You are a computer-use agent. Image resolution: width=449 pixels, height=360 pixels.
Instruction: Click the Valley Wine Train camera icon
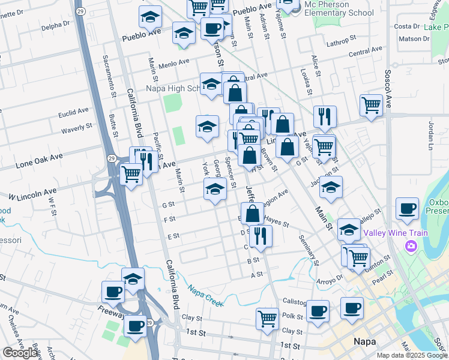[x=411, y=245]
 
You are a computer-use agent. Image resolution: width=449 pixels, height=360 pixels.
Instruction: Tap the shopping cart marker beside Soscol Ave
[x=371, y=106]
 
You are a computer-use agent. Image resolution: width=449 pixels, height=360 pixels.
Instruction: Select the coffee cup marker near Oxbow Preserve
[x=407, y=209]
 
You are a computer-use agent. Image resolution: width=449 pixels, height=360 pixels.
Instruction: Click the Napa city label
[x=361, y=341]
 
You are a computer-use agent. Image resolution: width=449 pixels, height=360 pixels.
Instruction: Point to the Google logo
[x=20, y=353]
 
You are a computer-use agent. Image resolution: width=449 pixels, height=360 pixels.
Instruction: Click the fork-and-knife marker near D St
[x=261, y=235]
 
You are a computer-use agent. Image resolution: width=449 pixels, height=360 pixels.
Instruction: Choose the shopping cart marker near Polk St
[x=267, y=318]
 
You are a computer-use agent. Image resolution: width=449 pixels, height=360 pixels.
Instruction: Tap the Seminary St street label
[x=308, y=248]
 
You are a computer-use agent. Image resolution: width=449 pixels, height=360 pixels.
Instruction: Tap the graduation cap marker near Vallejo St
[x=348, y=229]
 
